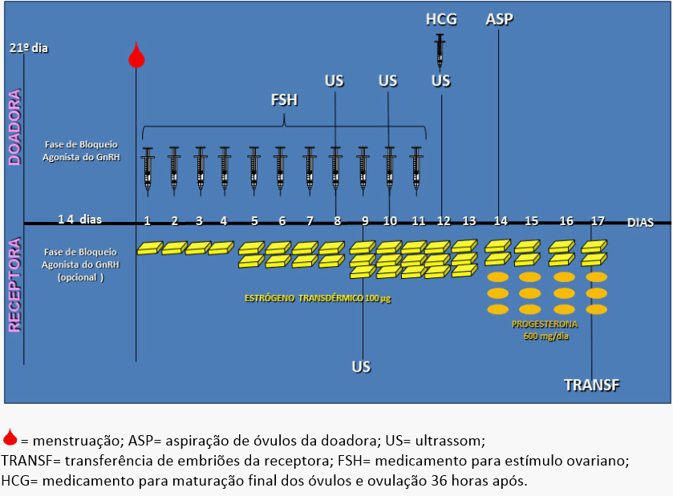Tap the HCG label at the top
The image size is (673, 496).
click(x=441, y=19)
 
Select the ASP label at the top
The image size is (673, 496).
click(x=499, y=19)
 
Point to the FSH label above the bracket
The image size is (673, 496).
click(x=284, y=100)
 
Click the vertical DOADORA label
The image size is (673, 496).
click(x=15, y=127)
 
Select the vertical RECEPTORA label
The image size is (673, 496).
click(x=15, y=284)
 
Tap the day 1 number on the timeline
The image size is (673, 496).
click(x=148, y=221)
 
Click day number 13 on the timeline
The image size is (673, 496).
click(x=469, y=221)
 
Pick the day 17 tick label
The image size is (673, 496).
click(x=598, y=221)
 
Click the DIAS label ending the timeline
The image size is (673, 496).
click(x=640, y=223)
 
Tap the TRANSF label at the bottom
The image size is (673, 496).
click(x=592, y=385)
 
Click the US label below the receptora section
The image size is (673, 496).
click(x=361, y=367)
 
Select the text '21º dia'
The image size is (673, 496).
click(x=29, y=48)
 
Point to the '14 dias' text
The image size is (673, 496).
click(x=80, y=220)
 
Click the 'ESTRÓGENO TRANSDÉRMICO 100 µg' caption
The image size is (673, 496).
click(x=318, y=298)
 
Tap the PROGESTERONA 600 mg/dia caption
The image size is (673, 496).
click(x=545, y=330)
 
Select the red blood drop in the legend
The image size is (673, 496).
click(x=10, y=438)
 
